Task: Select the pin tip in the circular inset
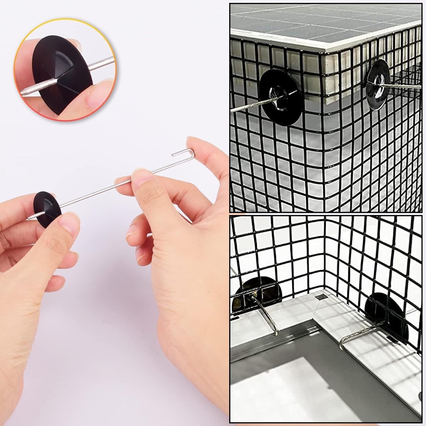click(24, 93)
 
